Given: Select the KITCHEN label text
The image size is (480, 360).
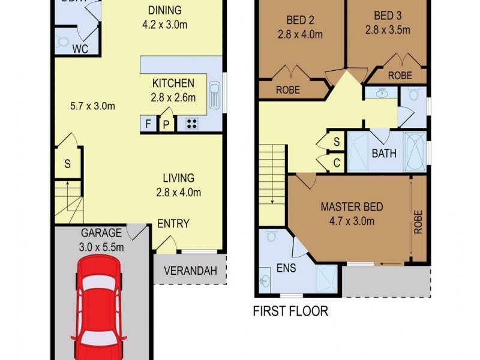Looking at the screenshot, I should click(x=173, y=83).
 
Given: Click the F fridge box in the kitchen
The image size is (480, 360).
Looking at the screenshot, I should click(x=148, y=124).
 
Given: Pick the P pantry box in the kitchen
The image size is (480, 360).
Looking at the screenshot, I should click(x=166, y=125).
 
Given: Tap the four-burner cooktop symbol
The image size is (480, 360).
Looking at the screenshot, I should click(x=193, y=124).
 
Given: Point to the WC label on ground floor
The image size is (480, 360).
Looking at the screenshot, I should click(x=80, y=49).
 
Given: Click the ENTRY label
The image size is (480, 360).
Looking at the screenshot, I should click(x=173, y=224).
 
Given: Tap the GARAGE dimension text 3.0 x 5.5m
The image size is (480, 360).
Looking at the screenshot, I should click(x=102, y=247).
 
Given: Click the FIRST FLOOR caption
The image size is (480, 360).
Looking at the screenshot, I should click(x=290, y=311).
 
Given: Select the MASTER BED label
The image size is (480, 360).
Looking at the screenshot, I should click(x=352, y=208).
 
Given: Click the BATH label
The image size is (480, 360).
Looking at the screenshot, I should click(x=384, y=153).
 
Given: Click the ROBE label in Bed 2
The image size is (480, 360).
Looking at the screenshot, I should click(x=287, y=91).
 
